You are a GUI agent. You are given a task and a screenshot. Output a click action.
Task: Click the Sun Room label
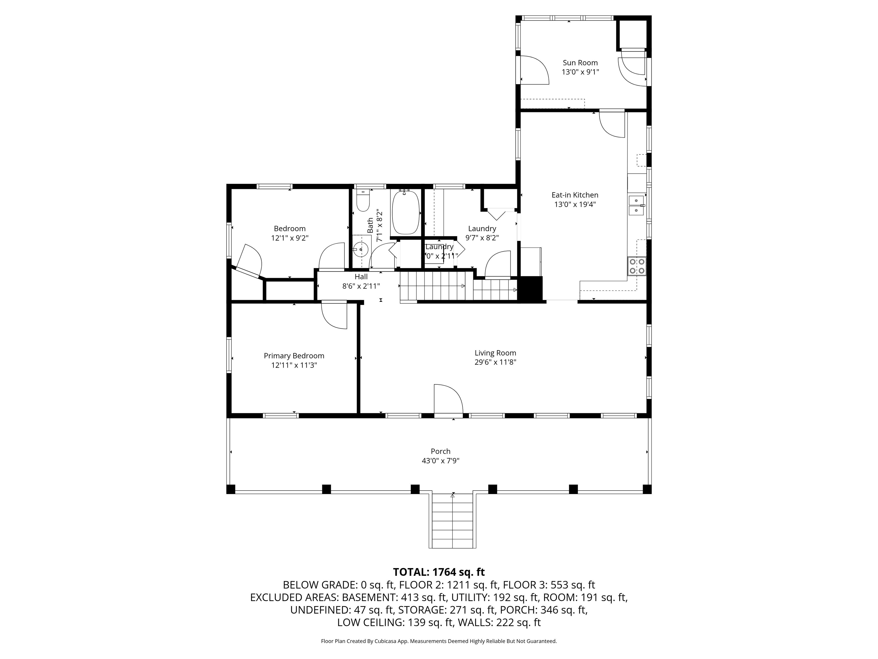pyautogui.click(x=580, y=63)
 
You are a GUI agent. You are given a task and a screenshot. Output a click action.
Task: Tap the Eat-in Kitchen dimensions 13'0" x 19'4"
pyautogui.click(x=575, y=205)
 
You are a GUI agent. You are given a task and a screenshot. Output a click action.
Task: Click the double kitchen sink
pyautogui.click(x=636, y=205)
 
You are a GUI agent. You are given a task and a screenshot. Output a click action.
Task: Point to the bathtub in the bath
pyautogui.click(x=406, y=213)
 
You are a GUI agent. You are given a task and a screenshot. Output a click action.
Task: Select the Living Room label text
pyautogui.click(x=495, y=353)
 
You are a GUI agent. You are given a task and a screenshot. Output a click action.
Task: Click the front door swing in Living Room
pyautogui.click(x=448, y=399)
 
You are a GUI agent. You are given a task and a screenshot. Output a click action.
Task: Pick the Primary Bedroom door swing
pyautogui.click(x=334, y=315)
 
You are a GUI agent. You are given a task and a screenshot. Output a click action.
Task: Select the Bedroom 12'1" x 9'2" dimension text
pyautogui.click(x=290, y=238)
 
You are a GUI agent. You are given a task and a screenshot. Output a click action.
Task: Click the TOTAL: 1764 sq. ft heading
pyautogui.click(x=439, y=572)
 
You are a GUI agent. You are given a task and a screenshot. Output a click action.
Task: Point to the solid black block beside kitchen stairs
pyautogui.click(x=531, y=289)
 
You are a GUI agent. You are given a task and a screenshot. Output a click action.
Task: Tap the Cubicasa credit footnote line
pyautogui.click(x=439, y=641)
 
